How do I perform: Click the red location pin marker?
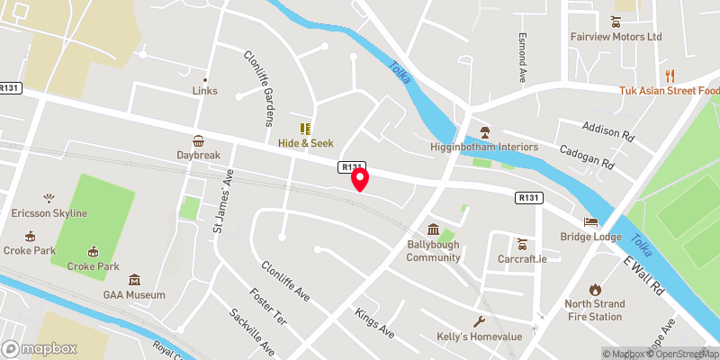coord(361,179)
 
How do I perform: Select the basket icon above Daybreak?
coord(198,140)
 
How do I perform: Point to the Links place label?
coord(205,91)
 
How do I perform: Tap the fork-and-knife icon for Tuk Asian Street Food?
coord(670,75)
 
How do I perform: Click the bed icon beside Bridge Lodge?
coord(590,221)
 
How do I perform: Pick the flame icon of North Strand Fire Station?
coord(594,289)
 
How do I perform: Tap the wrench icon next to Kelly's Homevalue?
coord(479,321)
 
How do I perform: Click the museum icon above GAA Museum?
coord(134,280)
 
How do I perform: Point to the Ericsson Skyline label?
coord(51,213)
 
